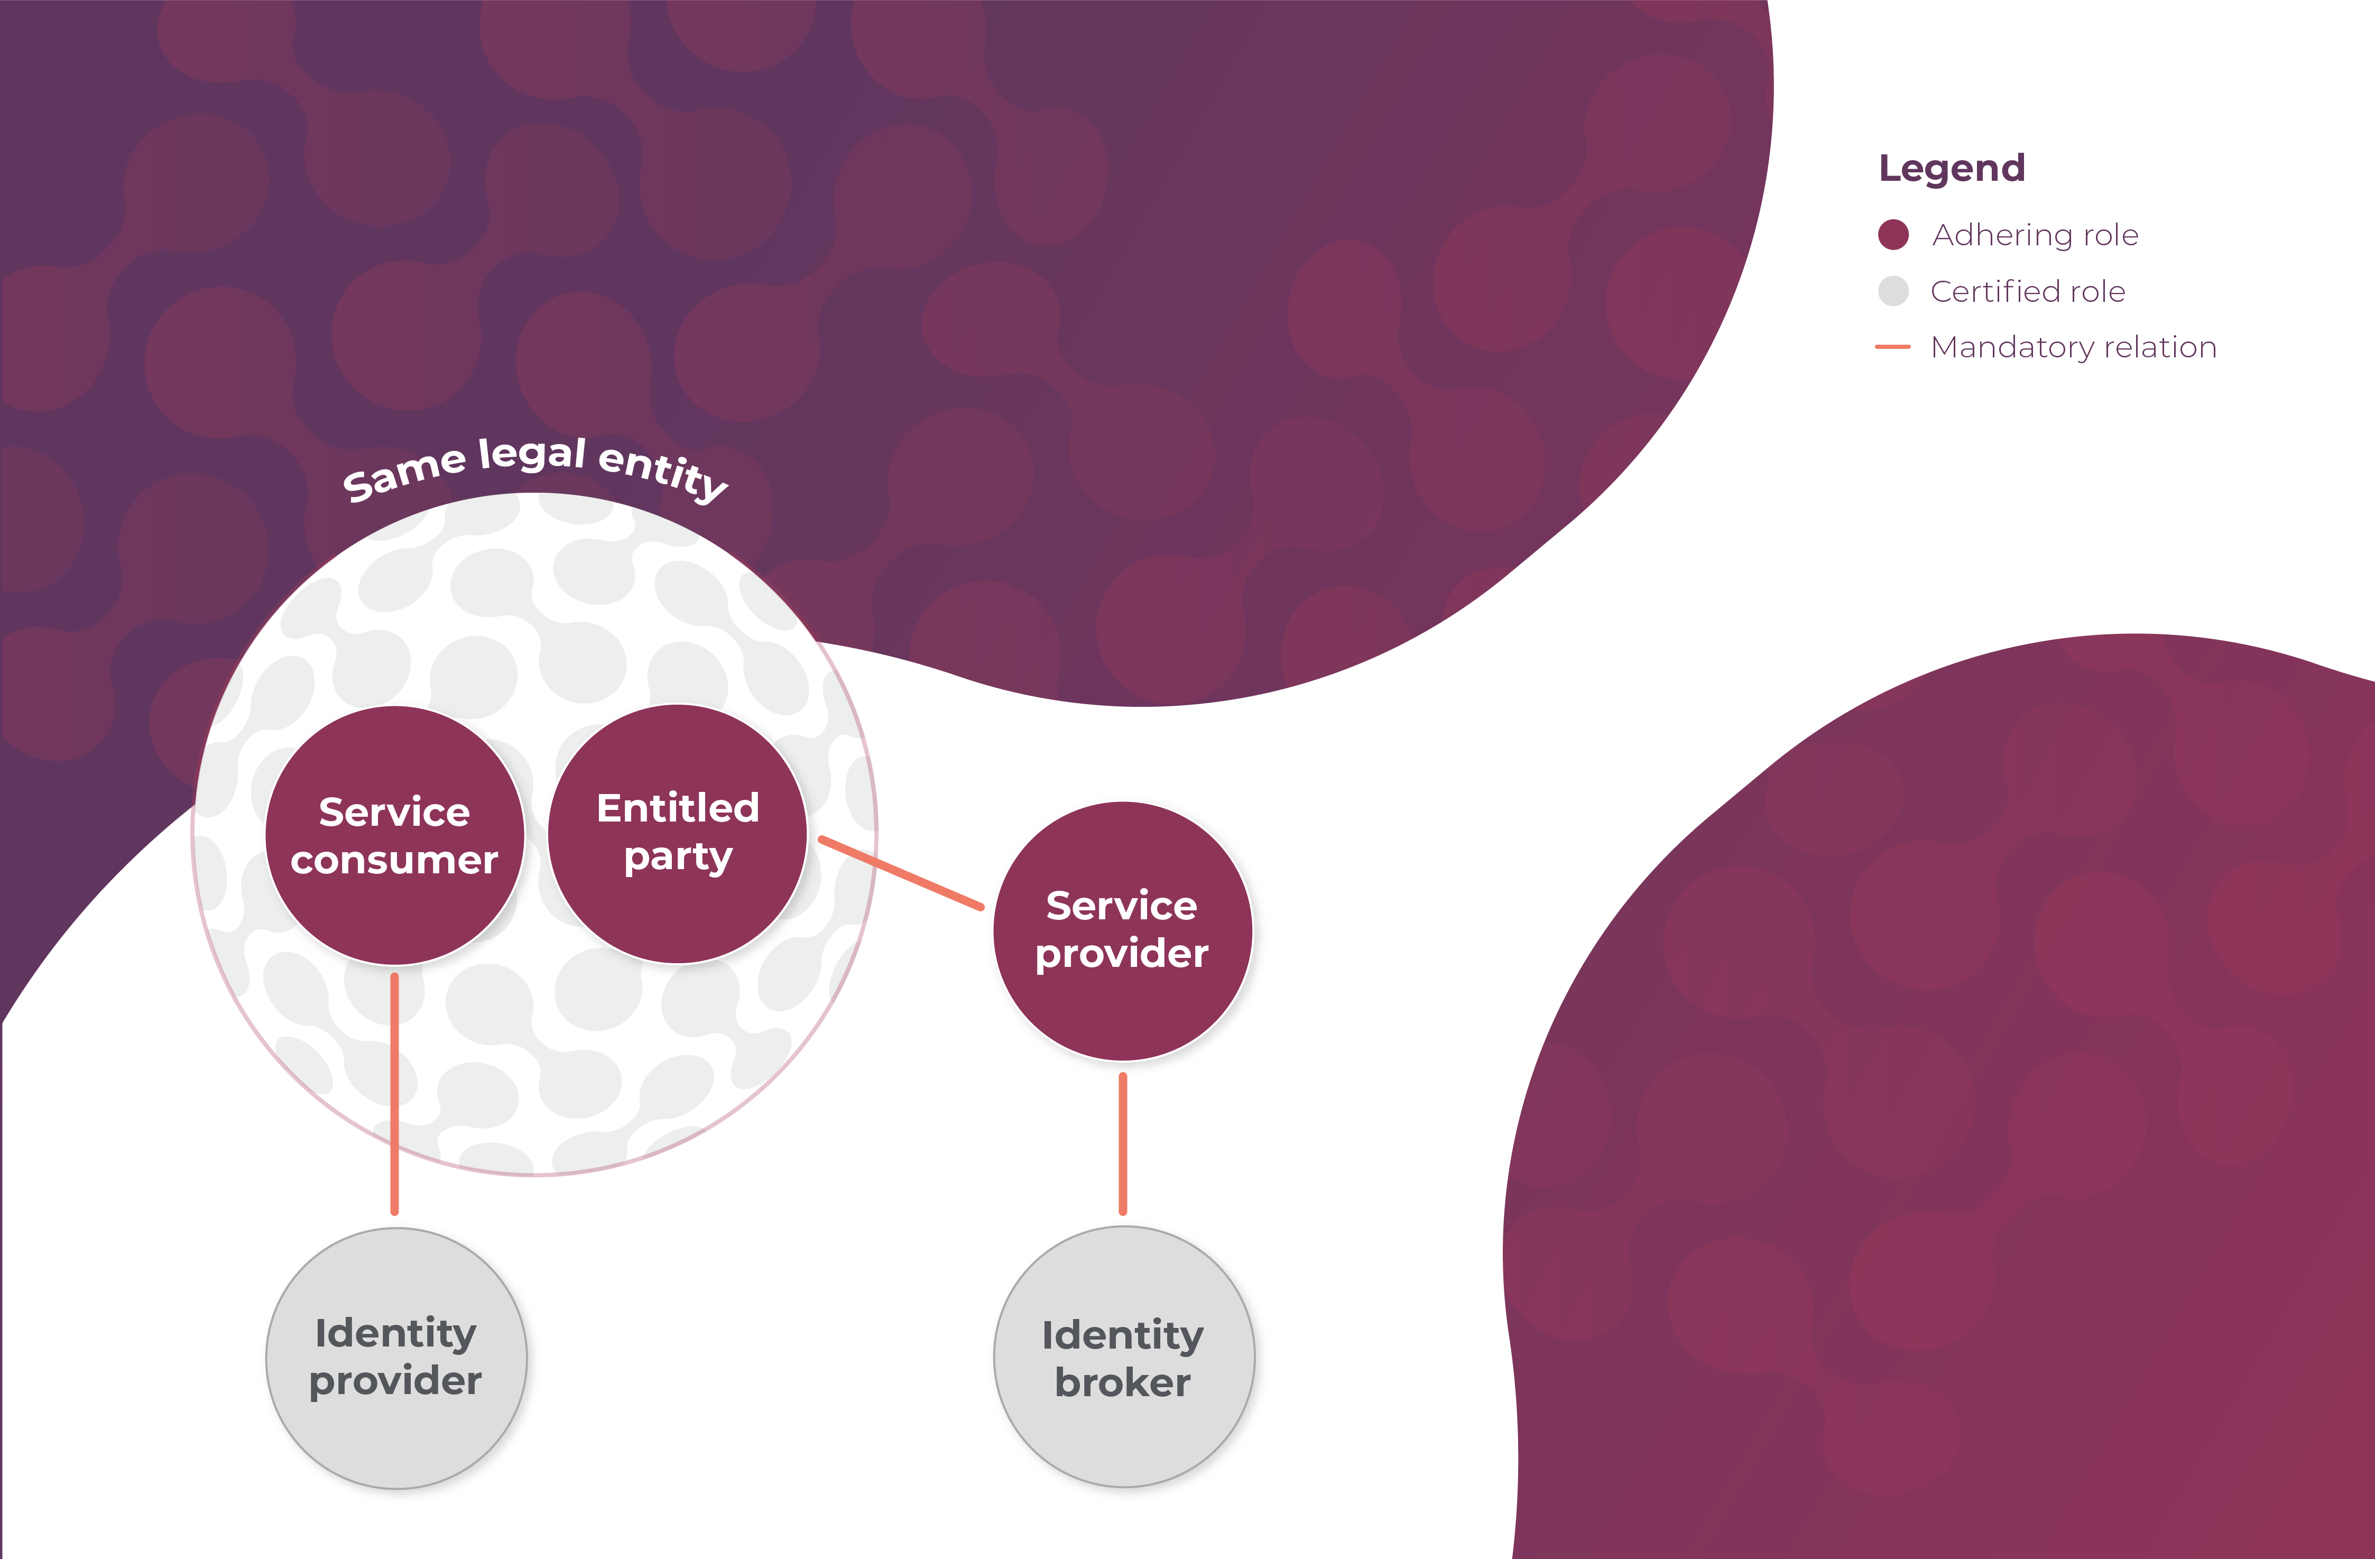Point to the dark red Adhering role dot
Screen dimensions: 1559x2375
(x=1893, y=235)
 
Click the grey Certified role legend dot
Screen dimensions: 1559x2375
(x=1893, y=291)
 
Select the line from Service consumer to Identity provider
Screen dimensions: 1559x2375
(x=395, y=1093)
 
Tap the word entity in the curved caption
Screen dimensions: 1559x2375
(x=663, y=472)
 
